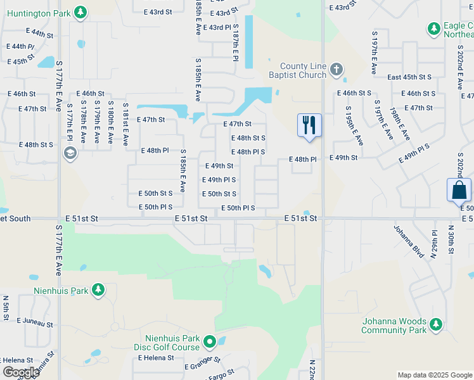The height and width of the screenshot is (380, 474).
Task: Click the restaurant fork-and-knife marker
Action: click(x=309, y=125)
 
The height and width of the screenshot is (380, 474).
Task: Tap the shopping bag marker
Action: click(x=458, y=190)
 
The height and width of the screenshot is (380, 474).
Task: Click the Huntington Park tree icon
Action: click(x=80, y=12)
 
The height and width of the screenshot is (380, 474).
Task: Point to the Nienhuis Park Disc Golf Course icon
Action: click(x=210, y=343)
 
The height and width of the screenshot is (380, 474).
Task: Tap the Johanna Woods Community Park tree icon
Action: click(x=435, y=324)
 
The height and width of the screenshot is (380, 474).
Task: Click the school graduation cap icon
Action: click(x=70, y=153)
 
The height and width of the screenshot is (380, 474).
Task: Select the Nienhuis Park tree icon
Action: click(x=98, y=290)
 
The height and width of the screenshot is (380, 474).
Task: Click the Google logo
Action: click(x=21, y=372)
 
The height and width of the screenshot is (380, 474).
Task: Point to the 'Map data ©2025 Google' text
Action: click(x=435, y=375)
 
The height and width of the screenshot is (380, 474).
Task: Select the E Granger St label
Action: click(x=202, y=364)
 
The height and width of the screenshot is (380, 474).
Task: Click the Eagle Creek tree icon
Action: click(x=433, y=28)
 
